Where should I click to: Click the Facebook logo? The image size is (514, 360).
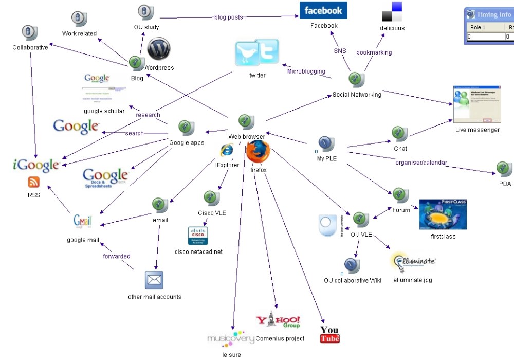tap(323, 10)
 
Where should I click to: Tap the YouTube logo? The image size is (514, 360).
tap(329, 334)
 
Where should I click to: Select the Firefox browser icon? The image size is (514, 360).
tap(258, 151)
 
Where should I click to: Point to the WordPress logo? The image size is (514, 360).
tap(158, 49)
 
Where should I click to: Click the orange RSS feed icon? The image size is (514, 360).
tap(34, 182)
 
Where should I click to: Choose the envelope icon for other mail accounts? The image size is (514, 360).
tap(154, 280)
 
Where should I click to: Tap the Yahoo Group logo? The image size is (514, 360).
tap(278, 321)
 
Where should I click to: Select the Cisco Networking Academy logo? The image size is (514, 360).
tap(198, 236)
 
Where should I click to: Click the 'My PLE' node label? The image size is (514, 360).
tap(327, 158)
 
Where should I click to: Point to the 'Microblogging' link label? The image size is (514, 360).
tap(306, 71)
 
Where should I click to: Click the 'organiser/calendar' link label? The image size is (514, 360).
tap(421, 163)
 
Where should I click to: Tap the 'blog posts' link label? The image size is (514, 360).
tap(229, 17)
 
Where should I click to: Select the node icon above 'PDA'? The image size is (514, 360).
tap(504, 169)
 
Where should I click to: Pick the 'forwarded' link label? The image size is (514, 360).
tap(117, 256)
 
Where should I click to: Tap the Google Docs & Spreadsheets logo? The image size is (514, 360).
tap(105, 178)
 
